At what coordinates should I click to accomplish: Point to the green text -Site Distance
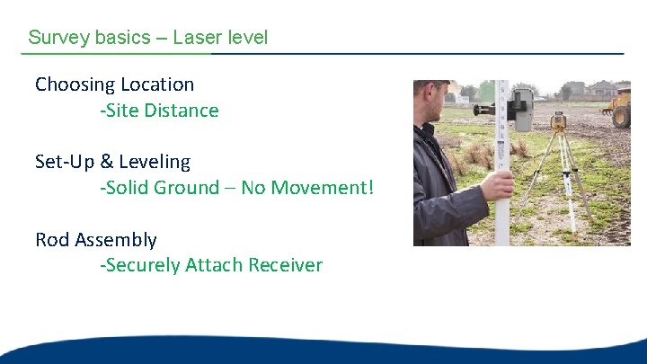[159, 111]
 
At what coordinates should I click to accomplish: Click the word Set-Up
[62, 162]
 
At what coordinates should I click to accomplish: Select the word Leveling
[154, 162]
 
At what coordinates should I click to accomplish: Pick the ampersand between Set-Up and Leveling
[106, 162]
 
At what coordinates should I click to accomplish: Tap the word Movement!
[320, 188]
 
